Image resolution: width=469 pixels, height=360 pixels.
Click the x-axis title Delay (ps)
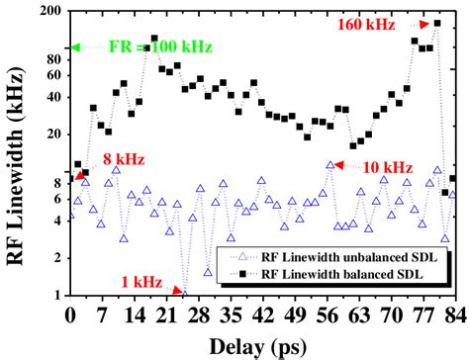point(263,345)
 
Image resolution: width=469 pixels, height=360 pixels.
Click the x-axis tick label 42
point(262,315)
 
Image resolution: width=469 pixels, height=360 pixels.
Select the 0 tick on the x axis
point(69,315)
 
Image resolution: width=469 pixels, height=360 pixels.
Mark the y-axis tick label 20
point(49,134)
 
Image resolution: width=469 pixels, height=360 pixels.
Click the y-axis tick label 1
point(55,295)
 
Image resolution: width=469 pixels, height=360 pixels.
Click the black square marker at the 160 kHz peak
point(437,23)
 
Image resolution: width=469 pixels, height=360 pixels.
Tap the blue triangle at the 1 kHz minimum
point(184,293)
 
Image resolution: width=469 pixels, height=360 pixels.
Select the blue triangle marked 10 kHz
point(331,165)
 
